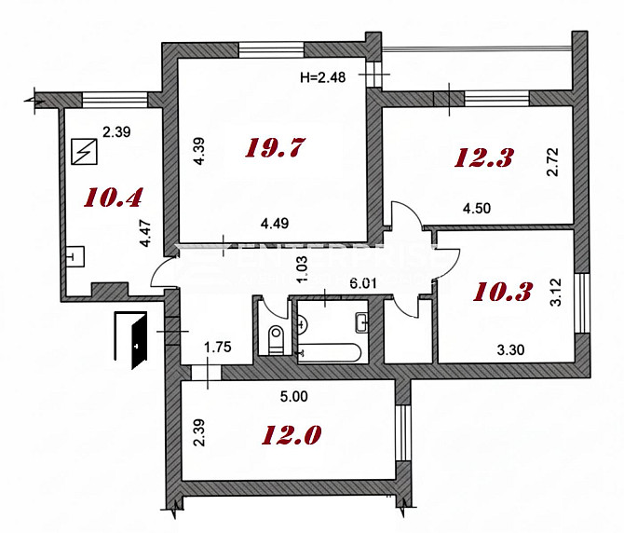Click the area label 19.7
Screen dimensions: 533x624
coord(276,147)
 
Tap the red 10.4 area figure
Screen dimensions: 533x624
coord(113,197)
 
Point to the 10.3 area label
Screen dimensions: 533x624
coord(503,292)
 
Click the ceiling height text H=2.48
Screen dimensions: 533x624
coord(323,78)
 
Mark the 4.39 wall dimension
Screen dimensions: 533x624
coord(197,152)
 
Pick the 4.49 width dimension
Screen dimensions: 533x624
coord(277,223)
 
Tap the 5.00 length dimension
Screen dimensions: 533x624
coord(293,396)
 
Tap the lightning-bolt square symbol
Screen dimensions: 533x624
coord(84,149)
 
